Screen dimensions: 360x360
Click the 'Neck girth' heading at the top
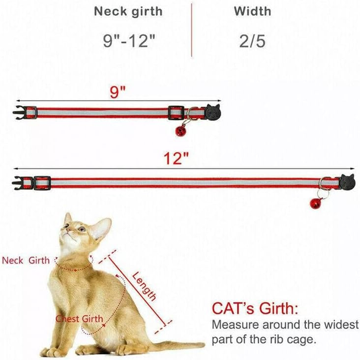tap(128, 12)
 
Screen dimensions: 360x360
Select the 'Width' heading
tap(252, 12)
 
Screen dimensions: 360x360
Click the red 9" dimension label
tap(118, 94)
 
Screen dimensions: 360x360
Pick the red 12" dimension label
tap(176, 158)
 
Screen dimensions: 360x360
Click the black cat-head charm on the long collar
tap(347, 182)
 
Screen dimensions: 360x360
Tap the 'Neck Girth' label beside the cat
tap(26, 260)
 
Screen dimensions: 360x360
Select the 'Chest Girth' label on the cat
tap(80, 319)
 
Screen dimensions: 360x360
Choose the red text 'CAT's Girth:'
tap(254, 309)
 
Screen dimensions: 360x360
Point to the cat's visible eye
tap(81, 229)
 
